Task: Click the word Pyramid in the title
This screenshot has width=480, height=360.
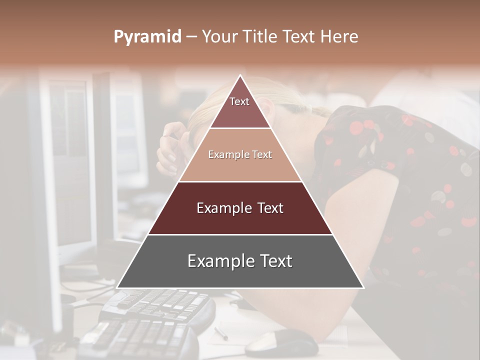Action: [147, 37]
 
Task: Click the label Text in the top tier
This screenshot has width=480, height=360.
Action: [239, 101]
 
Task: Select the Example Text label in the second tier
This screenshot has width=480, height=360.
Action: [240, 154]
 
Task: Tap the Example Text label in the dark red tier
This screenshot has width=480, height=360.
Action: [240, 208]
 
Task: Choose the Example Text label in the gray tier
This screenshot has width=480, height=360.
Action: [240, 261]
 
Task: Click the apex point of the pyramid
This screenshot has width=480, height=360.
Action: [240, 75]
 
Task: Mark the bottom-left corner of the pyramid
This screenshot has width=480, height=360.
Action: [117, 288]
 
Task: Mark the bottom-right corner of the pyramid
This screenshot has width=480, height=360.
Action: [363, 288]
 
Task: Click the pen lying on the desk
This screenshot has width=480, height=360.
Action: [221, 333]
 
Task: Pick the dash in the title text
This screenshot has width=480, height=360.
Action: [191, 37]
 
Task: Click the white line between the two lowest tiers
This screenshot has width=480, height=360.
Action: [240, 234]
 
